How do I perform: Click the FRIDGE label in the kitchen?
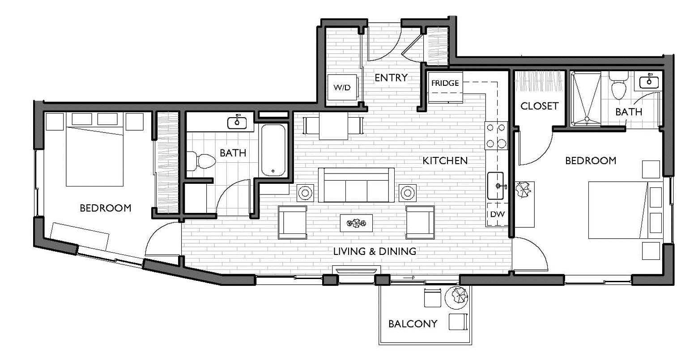[445, 83]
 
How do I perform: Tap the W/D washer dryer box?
[342, 87]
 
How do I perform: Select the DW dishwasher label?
[498, 214]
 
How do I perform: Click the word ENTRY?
[391, 77]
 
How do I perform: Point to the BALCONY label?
[413, 324]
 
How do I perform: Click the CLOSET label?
[540, 106]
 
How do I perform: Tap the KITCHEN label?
[445, 161]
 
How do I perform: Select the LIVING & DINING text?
[375, 251]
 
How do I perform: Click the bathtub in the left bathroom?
[273, 150]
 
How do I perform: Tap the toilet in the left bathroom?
[200, 161]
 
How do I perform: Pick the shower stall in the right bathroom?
[586, 99]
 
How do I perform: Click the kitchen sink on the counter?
[495, 186]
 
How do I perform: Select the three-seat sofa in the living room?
[356, 185]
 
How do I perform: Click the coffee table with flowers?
[356, 223]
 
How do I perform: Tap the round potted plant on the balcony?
[456, 297]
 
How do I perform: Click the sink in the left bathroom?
[237, 123]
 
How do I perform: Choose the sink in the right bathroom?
[649, 81]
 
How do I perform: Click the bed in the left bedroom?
[95, 157]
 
